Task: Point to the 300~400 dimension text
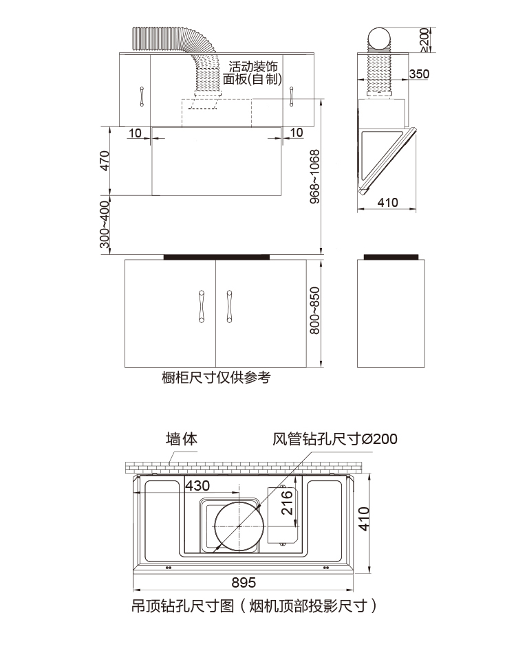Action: tap(105, 225)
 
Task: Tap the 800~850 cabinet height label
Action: tap(314, 311)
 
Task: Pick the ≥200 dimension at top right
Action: tap(424, 40)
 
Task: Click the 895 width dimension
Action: tap(244, 583)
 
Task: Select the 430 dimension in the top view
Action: tap(197, 486)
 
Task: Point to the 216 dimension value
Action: tap(288, 504)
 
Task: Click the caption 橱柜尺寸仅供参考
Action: tap(216, 377)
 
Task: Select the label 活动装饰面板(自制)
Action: tap(254, 74)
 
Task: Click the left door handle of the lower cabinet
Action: tap(202, 305)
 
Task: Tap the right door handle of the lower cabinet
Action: tap(228, 305)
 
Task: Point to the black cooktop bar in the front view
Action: tap(216, 257)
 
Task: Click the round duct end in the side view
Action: tap(380, 39)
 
